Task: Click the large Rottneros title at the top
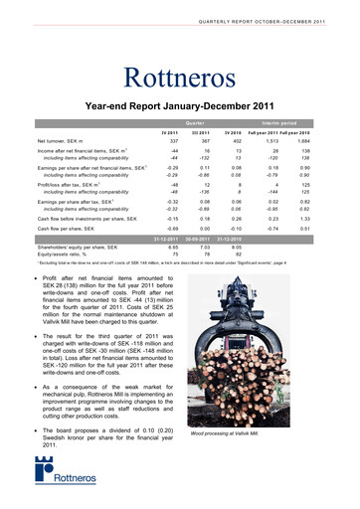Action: coord(179,77)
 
